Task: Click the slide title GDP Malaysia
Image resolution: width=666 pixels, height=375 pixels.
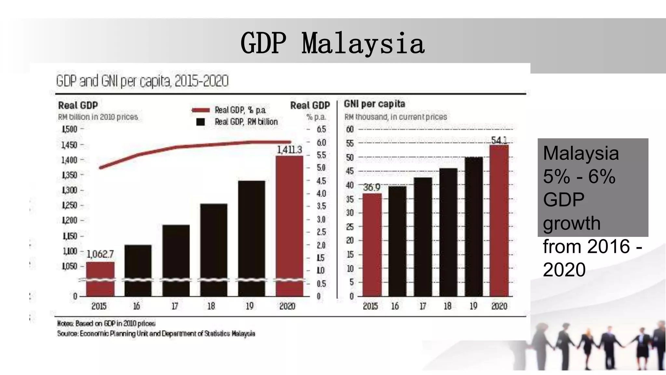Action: click(x=332, y=43)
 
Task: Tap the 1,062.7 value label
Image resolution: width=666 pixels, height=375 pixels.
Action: click(x=100, y=254)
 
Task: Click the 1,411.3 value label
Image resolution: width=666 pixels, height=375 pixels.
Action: click(x=289, y=150)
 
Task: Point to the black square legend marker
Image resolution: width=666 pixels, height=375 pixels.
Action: click(x=201, y=122)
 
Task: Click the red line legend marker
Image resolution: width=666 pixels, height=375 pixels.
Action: click(x=200, y=110)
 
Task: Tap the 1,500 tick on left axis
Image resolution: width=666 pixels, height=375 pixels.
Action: click(x=69, y=129)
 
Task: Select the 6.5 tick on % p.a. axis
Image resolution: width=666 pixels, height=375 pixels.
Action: click(x=321, y=129)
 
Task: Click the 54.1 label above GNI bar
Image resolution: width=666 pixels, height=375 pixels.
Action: click(x=499, y=140)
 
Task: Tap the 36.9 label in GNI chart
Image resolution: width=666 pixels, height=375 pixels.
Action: click(x=371, y=187)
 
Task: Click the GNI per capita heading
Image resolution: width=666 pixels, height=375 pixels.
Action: click(x=374, y=104)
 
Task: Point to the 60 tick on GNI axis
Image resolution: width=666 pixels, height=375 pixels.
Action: click(x=350, y=129)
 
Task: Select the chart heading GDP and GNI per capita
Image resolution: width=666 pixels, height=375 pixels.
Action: click(x=142, y=81)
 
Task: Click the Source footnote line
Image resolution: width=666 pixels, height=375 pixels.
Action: click(x=156, y=334)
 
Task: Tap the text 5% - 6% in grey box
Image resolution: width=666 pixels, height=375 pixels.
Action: click(x=579, y=177)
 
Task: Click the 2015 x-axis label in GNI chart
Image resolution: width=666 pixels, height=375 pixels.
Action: click(x=370, y=306)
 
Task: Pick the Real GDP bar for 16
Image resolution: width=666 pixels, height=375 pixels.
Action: click(x=138, y=270)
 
